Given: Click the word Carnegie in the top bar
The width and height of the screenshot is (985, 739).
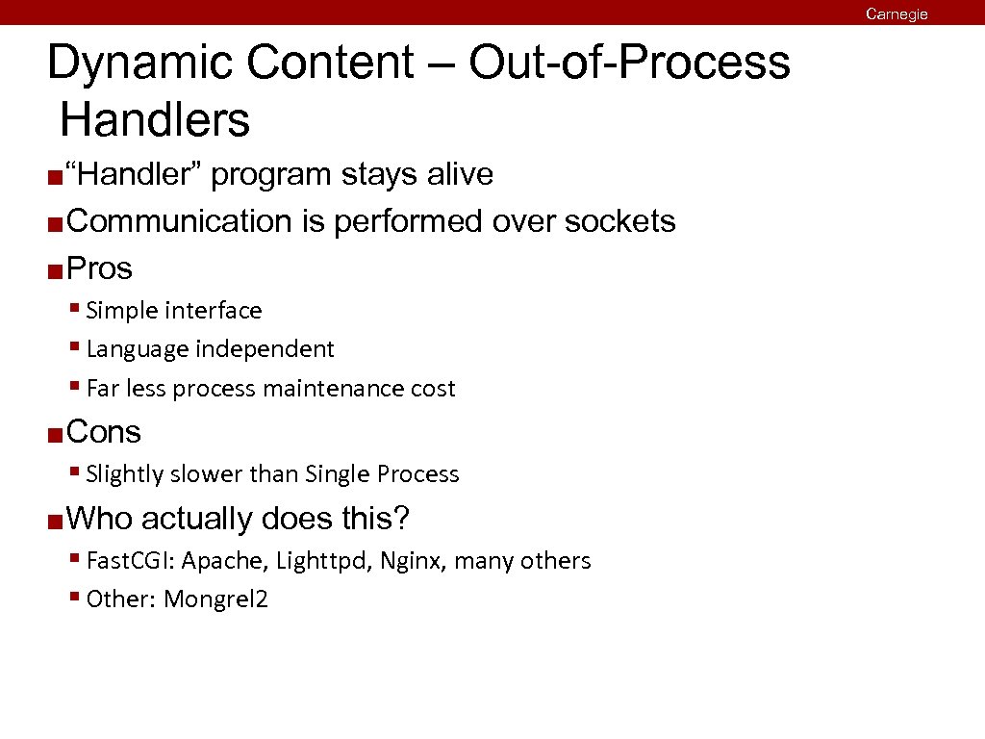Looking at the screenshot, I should tap(896, 13).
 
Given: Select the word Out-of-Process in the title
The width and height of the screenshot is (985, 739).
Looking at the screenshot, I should tap(629, 64).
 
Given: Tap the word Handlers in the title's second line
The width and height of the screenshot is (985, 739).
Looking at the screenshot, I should tap(155, 121).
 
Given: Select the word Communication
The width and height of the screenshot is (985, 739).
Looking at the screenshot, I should tap(181, 221).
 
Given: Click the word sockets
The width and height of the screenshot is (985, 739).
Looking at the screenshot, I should tap(620, 221).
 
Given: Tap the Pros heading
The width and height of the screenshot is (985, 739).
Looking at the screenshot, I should tap(100, 268).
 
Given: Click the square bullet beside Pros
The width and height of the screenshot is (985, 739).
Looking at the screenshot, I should tap(55, 270).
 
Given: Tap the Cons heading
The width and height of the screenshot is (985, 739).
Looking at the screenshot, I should tap(104, 432).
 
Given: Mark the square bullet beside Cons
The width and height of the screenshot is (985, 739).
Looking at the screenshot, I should tap(55, 435).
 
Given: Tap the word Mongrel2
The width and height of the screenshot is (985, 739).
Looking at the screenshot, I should tap(216, 599).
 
